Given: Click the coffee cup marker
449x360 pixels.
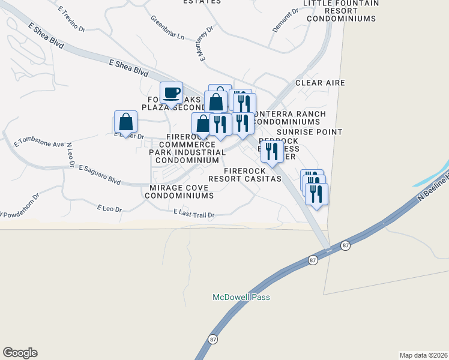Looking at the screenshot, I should (x=172, y=93).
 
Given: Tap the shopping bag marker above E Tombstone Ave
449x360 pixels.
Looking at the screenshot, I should (x=125, y=122).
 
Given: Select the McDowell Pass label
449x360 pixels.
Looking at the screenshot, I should (x=241, y=297).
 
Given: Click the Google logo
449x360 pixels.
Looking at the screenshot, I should (x=20, y=353).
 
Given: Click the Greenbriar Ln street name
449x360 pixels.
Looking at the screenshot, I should (x=167, y=27).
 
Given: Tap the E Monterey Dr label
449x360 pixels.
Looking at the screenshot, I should (x=205, y=43).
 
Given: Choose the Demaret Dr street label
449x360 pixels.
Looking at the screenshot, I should (x=285, y=19).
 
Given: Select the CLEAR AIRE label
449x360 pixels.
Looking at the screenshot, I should (x=320, y=83).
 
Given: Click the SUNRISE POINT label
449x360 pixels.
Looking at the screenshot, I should (x=309, y=131).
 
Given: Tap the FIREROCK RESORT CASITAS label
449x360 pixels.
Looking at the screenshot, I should (x=244, y=175).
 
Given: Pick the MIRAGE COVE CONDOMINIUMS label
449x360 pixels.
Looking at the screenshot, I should (x=179, y=191).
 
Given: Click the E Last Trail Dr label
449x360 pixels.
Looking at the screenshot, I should (x=193, y=213).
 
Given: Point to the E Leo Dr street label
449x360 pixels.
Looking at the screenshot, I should (x=109, y=209).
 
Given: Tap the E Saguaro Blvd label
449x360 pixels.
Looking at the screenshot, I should (x=100, y=174).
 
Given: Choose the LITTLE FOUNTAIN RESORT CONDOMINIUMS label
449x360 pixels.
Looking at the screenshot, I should (x=341, y=11).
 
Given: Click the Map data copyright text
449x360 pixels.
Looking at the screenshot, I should (x=423, y=355).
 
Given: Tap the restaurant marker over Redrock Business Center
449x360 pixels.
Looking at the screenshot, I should (x=272, y=152).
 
